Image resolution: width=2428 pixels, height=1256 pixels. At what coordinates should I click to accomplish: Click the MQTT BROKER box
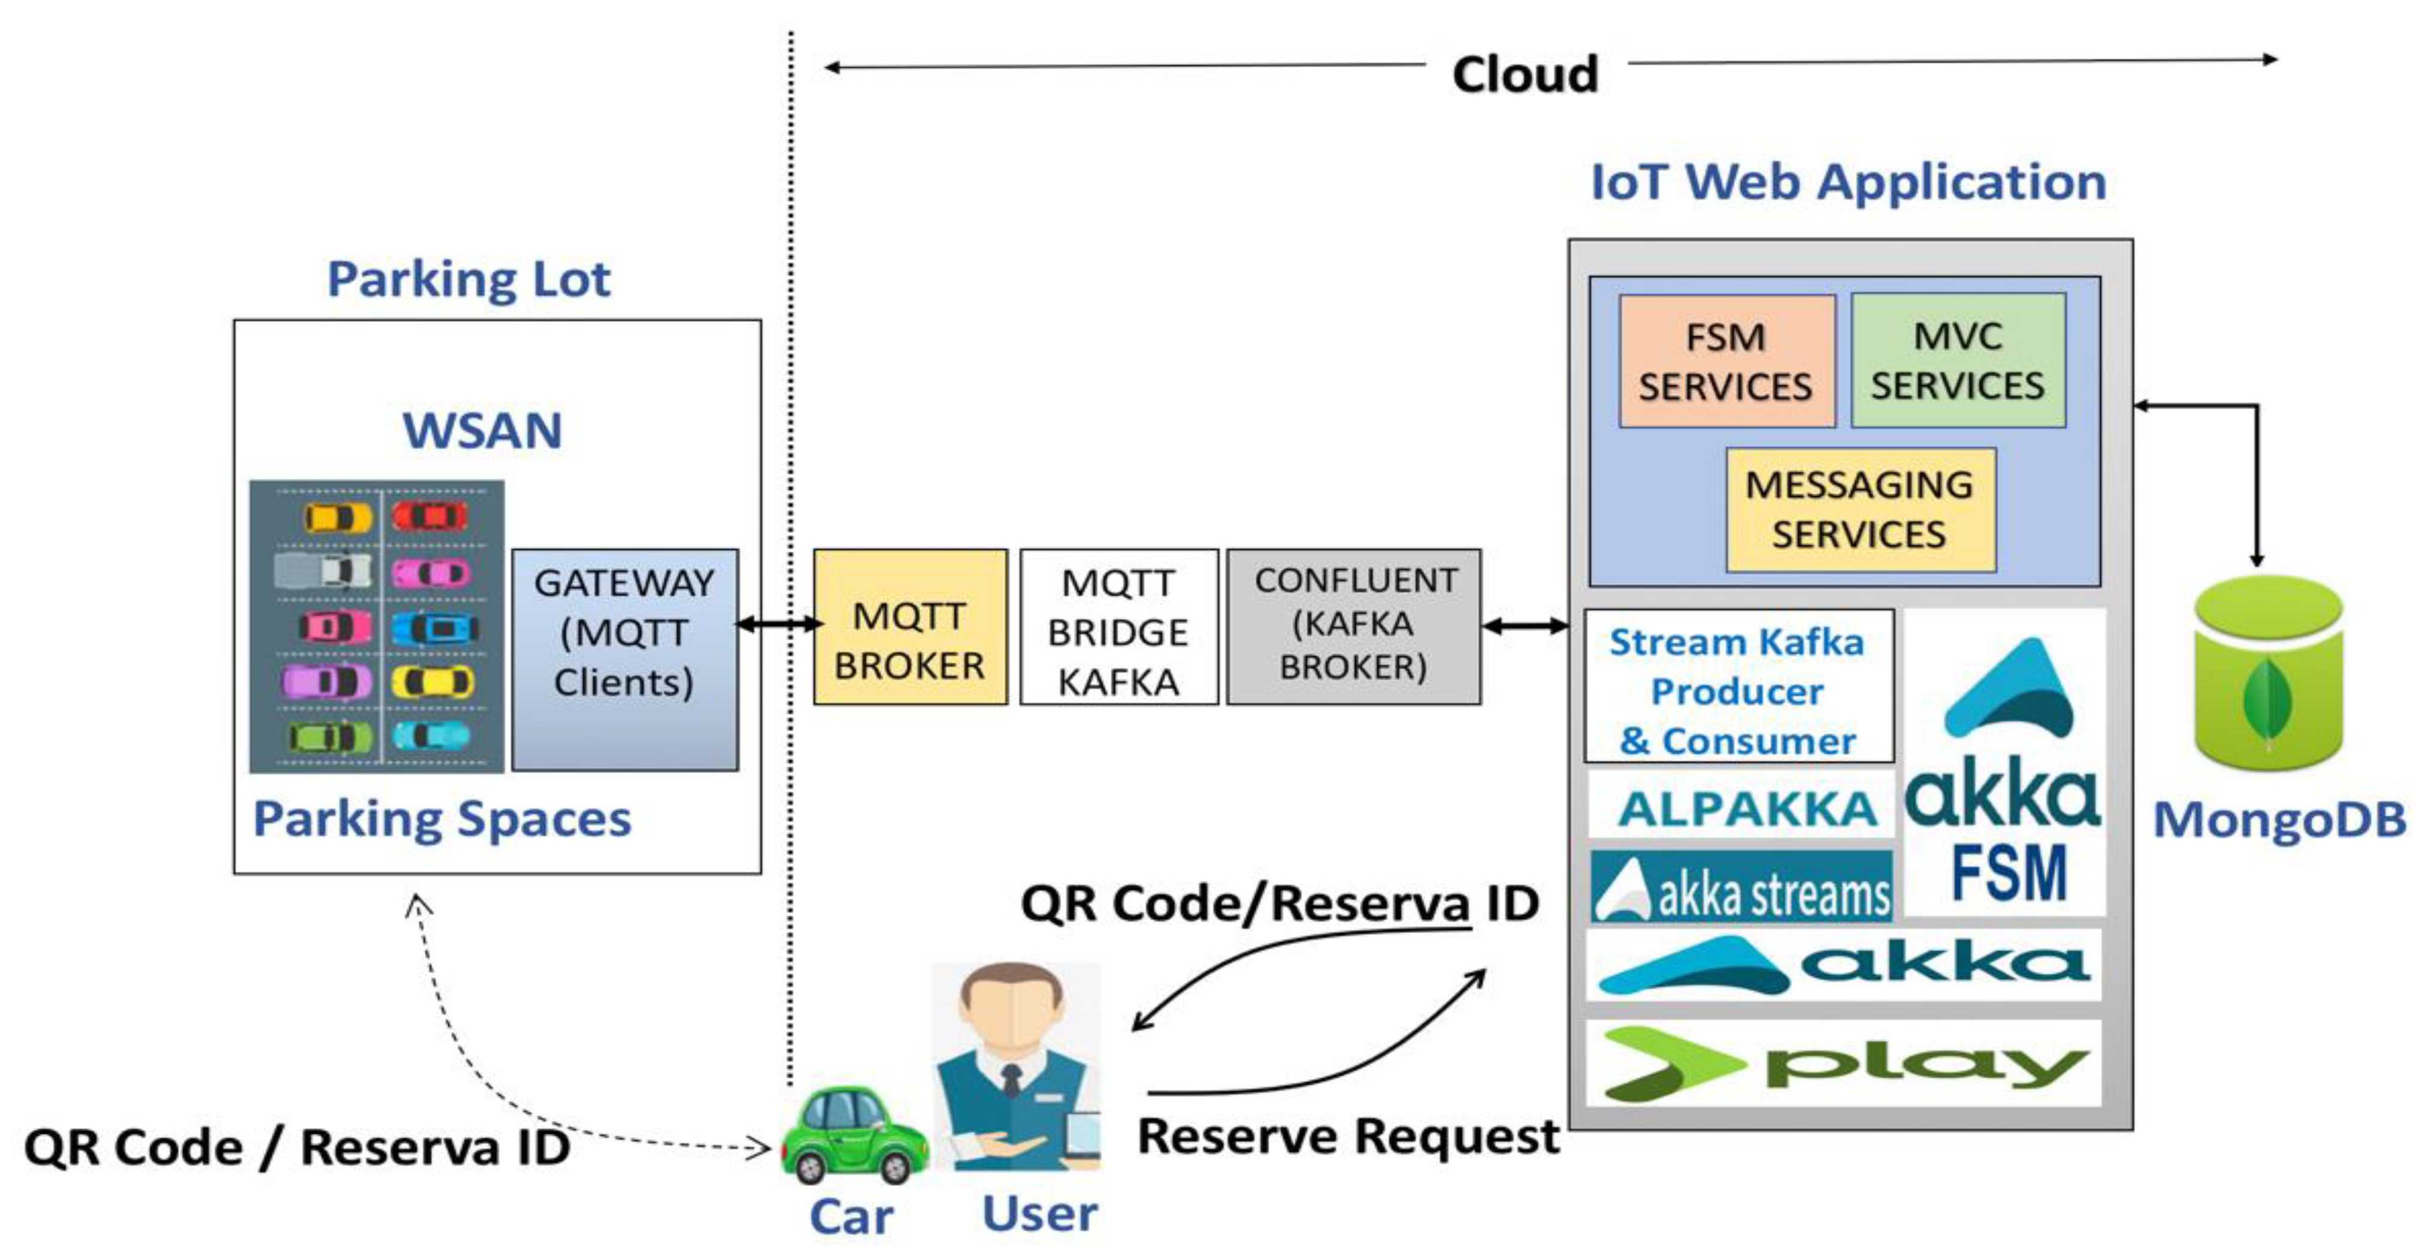(x=909, y=627)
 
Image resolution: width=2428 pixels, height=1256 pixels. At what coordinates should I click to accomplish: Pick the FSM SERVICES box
(x=1726, y=361)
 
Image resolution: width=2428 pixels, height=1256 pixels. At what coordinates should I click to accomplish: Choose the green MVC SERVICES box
(x=1958, y=360)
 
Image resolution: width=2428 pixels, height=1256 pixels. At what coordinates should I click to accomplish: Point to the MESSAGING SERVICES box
(x=1859, y=509)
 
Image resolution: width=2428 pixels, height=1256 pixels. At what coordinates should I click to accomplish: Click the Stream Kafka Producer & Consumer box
(x=1738, y=686)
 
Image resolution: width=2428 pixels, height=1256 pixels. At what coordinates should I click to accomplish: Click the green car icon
(x=854, y=1135)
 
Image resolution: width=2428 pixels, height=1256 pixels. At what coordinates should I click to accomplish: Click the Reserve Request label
(x=1348, y=1136)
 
